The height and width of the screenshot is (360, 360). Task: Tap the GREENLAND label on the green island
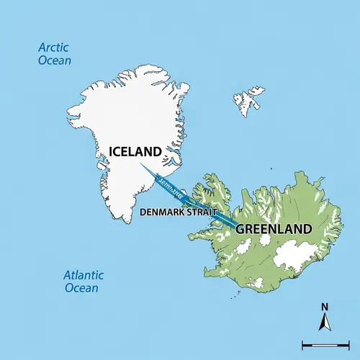tap(274, 229)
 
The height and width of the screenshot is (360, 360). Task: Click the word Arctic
tap(55, 48)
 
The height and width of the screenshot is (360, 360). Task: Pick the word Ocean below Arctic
tap(55, 60)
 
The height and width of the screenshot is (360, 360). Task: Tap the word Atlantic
tap(84, 275)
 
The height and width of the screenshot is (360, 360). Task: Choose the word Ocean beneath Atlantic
tap(81, 288)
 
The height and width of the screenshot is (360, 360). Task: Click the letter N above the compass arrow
tap(325, 305)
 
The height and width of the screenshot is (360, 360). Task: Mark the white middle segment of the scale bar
tap(325, 345)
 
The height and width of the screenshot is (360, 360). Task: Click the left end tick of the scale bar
tap(302, 345)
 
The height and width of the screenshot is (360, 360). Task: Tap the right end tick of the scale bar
tap(347, 345)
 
